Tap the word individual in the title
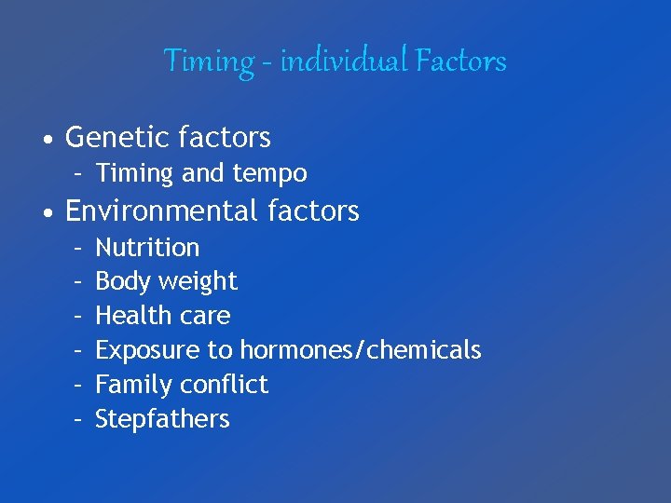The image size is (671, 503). [341, 61]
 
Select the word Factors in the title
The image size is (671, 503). [461, 61]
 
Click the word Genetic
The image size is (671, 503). [110, 138]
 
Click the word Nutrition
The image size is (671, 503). [147, 248]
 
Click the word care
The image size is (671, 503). [205, 317]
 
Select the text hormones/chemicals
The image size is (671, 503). [361, 350]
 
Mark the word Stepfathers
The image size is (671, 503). [162, 419]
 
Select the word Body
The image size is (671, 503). [117, 282]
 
